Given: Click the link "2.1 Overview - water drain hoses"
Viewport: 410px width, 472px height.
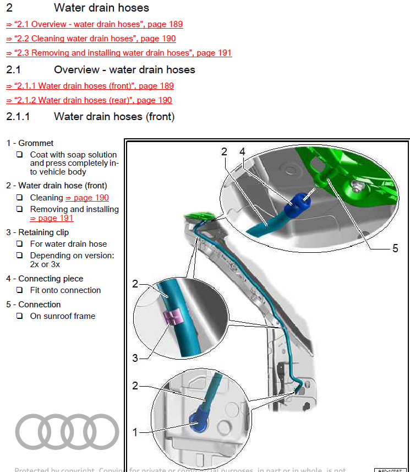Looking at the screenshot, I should [x=94, y=24].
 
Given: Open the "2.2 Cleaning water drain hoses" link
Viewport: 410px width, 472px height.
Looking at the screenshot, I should [x=91, y=39].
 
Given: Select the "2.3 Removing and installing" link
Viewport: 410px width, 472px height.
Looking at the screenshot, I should [x=119, y=53].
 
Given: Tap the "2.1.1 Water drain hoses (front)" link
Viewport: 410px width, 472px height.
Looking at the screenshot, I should [x=90, y=86].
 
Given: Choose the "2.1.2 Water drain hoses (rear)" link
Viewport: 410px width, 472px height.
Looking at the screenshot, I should [x=89, y=100].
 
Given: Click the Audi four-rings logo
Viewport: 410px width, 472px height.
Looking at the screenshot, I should [x=67, y=431].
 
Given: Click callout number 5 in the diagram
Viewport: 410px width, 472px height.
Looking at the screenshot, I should [x=395, y=248].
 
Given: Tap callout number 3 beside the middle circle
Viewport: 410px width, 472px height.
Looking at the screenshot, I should [x=135, y=359].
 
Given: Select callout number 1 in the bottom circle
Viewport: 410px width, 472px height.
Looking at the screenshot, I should [x=135, y=432].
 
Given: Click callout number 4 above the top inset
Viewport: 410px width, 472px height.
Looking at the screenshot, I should [x=242, y=151].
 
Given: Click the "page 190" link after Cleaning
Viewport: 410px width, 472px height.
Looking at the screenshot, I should [x=87, y=198].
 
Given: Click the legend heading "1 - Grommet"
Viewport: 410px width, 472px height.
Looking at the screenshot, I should [x=30, y=143].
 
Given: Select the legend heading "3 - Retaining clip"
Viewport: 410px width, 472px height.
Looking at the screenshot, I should [x=37, y=232].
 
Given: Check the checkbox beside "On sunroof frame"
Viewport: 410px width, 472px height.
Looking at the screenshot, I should [x=19, y=316].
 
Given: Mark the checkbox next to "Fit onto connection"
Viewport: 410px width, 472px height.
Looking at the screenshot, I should [x=19, y=290].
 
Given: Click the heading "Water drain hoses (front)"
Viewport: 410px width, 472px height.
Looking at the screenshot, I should [x=114, y=116].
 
